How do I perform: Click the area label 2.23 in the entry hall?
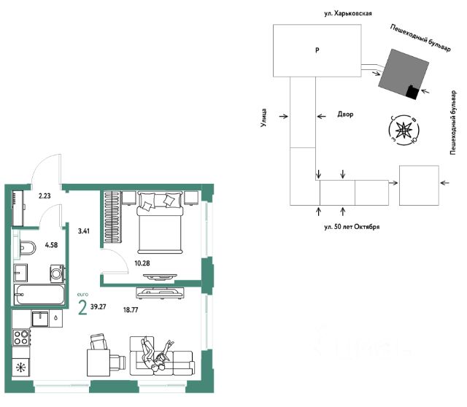[x=45, y=196]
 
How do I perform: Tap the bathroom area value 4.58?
[x=51, y=245]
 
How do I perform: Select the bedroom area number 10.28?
[x=142, y=263]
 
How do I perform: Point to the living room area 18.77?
[x=131, y=310]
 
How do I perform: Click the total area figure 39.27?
[x=99, y=306]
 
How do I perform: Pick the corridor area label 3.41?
[x=84, y=230]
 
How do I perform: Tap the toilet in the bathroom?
[x=27, y=247]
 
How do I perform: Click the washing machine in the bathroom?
[x=57, y=273]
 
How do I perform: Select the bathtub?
[x=39, y=295]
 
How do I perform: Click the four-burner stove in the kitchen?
[x=21, y=337]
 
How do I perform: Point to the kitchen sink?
[x=40, y=319]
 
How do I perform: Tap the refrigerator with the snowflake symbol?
[x=20, y=368]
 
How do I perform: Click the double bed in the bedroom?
[x=159, y=222]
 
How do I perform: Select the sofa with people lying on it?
[x=162, y=356]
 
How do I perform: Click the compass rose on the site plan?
[x=404, y=130]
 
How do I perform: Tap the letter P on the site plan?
[x=317, y=50]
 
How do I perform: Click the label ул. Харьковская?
[x=348, y=13]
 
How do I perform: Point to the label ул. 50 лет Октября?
[x=352, y=227]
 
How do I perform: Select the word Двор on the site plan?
[x=345, y=114]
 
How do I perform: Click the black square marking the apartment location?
[x=412, y=92]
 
